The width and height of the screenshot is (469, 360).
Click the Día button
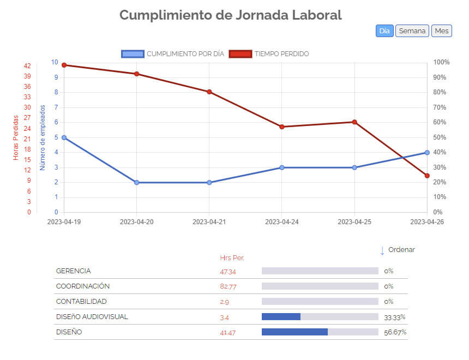coord(384,31)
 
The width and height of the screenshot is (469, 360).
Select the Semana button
coord(412,31)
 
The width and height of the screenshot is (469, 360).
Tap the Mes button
coord(442,31)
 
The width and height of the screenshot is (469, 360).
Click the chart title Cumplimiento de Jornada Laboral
coord(230,15)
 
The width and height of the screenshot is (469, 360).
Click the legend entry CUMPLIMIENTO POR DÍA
coord(173,54)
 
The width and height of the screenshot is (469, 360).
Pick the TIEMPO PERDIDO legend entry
coord(269,54)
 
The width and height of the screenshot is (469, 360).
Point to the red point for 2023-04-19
coord(64,65)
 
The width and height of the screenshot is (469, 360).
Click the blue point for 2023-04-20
coord(136,182)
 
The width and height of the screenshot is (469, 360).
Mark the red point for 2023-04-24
coord(282,127)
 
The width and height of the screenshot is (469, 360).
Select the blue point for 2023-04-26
coord(427,153)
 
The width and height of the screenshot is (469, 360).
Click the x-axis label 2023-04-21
coord(209,222)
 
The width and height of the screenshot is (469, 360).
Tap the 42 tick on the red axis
coord(27,66)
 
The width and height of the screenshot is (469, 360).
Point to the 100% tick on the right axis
coord(442,62)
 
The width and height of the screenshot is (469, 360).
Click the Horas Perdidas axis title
coord(16,137)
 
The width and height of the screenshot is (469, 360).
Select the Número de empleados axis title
coord(43,137)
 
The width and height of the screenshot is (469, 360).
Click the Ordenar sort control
coord(398,250)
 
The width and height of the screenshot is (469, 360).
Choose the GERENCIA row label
coord(74,271)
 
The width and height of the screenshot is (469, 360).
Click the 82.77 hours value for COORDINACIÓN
coord(228,286)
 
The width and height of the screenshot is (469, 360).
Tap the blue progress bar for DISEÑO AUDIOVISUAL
coord(281,317)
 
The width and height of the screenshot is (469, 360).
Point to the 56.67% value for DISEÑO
coord(395,332)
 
